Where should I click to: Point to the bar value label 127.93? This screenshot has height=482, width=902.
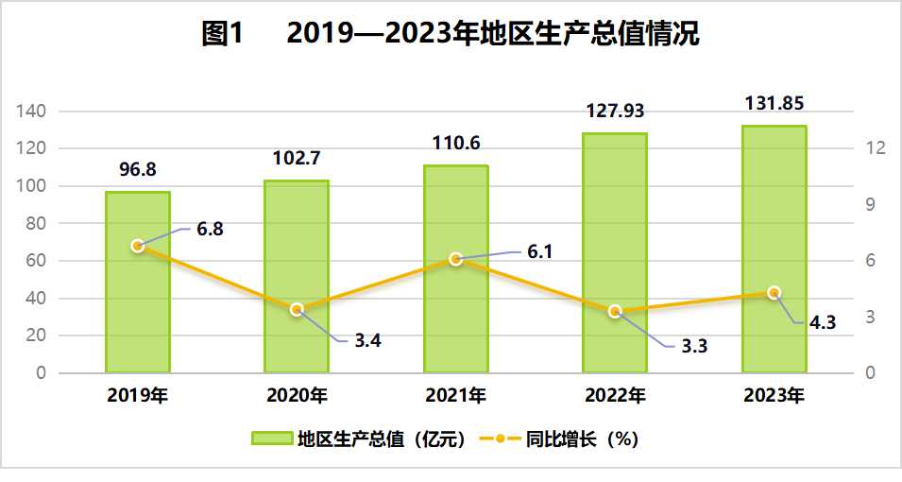[x=615, y=112]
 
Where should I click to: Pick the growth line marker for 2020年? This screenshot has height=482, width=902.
[x=297, y=309]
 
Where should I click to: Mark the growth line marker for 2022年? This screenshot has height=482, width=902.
[x=615, y=311]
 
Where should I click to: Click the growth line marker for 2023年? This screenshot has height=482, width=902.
[x=774, y=293]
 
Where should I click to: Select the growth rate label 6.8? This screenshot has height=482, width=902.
[x=210, y=229]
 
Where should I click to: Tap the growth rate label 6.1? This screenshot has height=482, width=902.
[x=538, y=251]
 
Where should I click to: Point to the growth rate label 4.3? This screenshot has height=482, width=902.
[x=823, y=322]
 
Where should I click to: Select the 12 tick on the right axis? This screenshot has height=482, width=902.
[x=874, y=148]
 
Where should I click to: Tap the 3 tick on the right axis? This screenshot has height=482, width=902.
[x=870, y=317]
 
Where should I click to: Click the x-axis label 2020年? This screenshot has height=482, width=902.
[x=297, y=394]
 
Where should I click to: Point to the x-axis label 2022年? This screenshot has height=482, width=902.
[x=615, y=394]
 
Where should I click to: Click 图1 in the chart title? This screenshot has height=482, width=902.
[x=224, y=35]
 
